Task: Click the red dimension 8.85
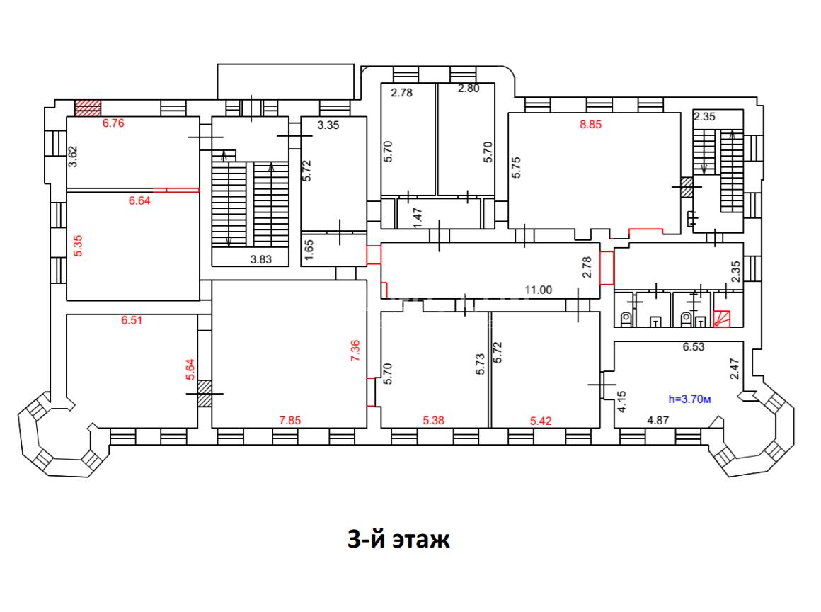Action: tap(590, 124)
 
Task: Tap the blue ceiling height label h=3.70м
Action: tap(689, 399)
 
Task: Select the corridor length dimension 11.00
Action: tap(539, 290)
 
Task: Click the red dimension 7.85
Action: tap(290, 420)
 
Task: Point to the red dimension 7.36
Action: tap(355, 351)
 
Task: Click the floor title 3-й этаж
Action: tap(398, 538)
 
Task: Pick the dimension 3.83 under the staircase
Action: tap(260, 259)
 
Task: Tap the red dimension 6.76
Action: tap(113, 123)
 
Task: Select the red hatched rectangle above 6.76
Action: tap(88, 108)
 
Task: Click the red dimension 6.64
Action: tap(139, 200)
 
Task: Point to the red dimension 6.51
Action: tap(132, 320)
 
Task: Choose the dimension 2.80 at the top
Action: tap(469, 88)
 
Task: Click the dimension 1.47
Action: tap(418, 218)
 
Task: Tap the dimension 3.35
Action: tap(328, 125)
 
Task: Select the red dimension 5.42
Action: tap(541, 421)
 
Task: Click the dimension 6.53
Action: tap(694, 346)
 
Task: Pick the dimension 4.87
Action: tap(658, 420)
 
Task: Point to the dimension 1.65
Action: tap(309, 250)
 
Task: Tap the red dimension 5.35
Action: tap(77, 246)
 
